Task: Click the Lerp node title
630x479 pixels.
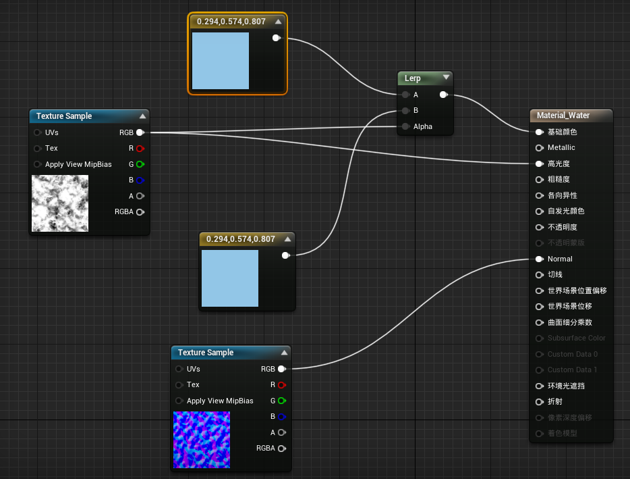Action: tap(413, 78)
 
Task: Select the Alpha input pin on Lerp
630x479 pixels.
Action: tap(405, 126)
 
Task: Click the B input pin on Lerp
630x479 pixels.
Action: tap(405, 110)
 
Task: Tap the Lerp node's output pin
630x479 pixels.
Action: tap(442, 95)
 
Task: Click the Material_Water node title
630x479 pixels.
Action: tap(563, 116)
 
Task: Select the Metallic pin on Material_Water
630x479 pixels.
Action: tap(539, 147)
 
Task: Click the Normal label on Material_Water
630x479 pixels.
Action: tap(560, 259)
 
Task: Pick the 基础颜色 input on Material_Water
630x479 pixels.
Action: tap(539, 132)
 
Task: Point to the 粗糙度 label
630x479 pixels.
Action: tap(559, 180)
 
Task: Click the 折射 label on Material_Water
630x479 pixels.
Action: tap(554, 402)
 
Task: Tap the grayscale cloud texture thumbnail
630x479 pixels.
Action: tap(60, 203)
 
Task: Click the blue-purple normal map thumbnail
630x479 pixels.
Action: tap(202, 440)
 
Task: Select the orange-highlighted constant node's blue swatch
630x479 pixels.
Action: tap(221, 61)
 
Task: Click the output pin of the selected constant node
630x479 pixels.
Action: tap(276, 38)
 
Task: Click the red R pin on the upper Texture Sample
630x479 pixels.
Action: tap(140, 148)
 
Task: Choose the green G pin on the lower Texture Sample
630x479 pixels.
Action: tap(281, 401)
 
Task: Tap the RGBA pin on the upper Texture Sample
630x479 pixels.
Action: tap(140, 212)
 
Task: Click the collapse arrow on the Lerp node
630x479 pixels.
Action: tap(446, 78)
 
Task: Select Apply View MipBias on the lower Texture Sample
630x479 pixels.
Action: tap(220, 401)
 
